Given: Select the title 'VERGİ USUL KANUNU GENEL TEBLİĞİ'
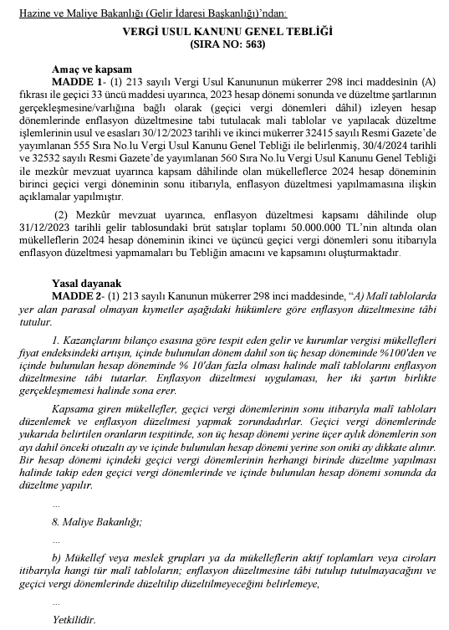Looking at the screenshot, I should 224,30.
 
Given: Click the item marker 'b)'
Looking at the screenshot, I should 57,556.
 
